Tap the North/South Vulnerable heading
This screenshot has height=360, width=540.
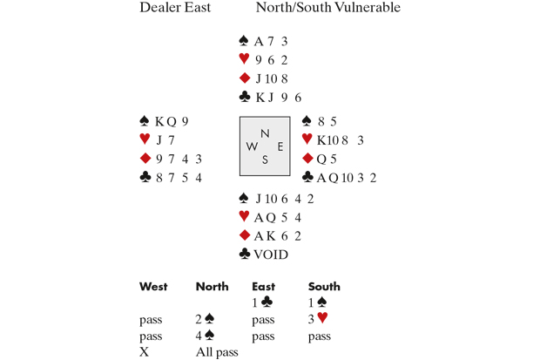[327, 9]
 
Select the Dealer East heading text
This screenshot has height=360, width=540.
[175, 9]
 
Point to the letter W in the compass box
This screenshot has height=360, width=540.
[251, 146]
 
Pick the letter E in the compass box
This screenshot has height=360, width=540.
[280, 146]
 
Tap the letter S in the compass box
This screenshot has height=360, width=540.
[265, 160]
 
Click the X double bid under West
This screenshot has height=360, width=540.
[144, 352]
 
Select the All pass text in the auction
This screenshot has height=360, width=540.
[217, 352]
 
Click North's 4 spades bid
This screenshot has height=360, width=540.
[205, 336]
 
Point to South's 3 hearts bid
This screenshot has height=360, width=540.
[317, 319]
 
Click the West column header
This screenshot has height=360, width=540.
[153, 286]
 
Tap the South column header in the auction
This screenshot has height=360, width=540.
[324, 286]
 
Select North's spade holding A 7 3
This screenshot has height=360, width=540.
[271, 42]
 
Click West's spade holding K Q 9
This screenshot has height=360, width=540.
[172, 122]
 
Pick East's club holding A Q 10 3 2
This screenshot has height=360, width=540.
[346, 178]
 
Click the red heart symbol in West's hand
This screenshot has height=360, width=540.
[145, 139]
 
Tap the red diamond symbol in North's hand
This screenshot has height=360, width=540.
[245, 78]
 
